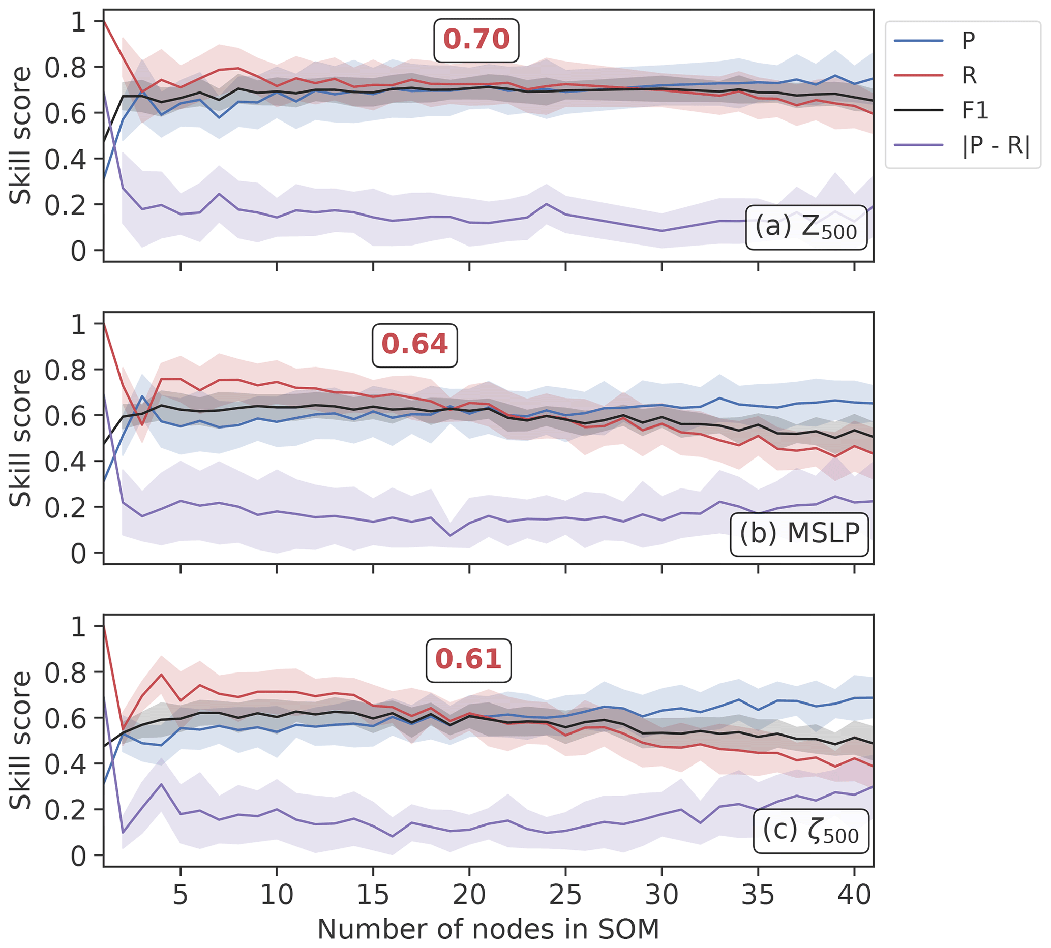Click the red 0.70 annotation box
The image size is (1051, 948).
(x=476, y=40)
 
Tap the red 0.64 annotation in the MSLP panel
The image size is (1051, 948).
(x=414, y=345)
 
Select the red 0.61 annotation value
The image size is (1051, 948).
(x=468, y=659)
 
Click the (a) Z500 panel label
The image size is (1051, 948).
(x=805, y=228)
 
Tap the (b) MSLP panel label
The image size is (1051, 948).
(x=799, y=533)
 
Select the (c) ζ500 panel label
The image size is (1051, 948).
(x=810, y=830)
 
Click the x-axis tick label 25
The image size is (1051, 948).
(x=565, y=895)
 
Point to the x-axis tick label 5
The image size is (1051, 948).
(x=181, y=895)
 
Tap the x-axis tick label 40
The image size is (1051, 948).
(x=854, y=895)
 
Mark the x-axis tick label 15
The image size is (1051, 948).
(x=373, y=895)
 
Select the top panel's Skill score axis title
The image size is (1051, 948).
(x=21, y=135)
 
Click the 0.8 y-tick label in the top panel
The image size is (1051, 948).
(x=65, y=67)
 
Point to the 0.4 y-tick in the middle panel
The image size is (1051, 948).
(x=65, y=462)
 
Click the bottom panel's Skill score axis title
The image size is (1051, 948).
(x=21, y=740)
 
